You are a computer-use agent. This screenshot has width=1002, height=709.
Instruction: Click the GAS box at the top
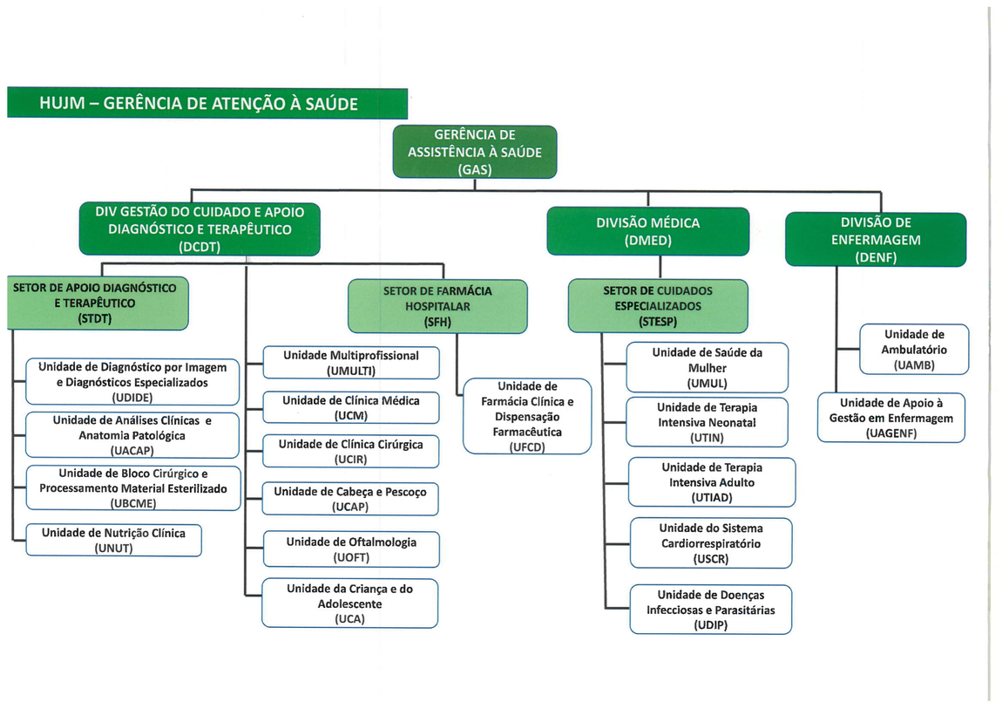(474, 152)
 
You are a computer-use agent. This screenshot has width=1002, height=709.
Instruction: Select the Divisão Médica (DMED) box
(647, 231)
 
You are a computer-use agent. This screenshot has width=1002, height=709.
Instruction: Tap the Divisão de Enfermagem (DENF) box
(876, 239)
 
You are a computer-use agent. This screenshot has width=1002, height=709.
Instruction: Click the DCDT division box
(200, 228)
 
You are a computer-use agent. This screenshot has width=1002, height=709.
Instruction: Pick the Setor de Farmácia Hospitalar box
(437, 306)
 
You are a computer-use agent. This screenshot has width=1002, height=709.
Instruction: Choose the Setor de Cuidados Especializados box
(658, 305)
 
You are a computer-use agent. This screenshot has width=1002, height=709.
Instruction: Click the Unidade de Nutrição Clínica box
(113, 541)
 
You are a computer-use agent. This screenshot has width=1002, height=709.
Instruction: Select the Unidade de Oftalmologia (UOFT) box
(351, 549)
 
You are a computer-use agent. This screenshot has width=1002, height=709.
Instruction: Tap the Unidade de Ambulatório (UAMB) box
(914, 349)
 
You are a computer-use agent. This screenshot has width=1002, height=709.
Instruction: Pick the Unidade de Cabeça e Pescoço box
(350, 499)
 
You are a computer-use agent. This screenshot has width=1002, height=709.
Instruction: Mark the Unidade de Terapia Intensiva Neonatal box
(707, 422)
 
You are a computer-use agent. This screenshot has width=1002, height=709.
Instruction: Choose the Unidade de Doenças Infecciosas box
(710, 610)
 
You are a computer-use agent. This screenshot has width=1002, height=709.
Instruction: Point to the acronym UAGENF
(891, 433)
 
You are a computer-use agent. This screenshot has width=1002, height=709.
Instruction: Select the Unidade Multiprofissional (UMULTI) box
(351, 363)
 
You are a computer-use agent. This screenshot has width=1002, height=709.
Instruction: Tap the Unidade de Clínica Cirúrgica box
(351, 451)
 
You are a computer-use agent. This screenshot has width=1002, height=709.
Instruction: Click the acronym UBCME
(132, 502)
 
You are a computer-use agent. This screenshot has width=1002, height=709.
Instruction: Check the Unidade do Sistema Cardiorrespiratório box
(710, 543)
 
